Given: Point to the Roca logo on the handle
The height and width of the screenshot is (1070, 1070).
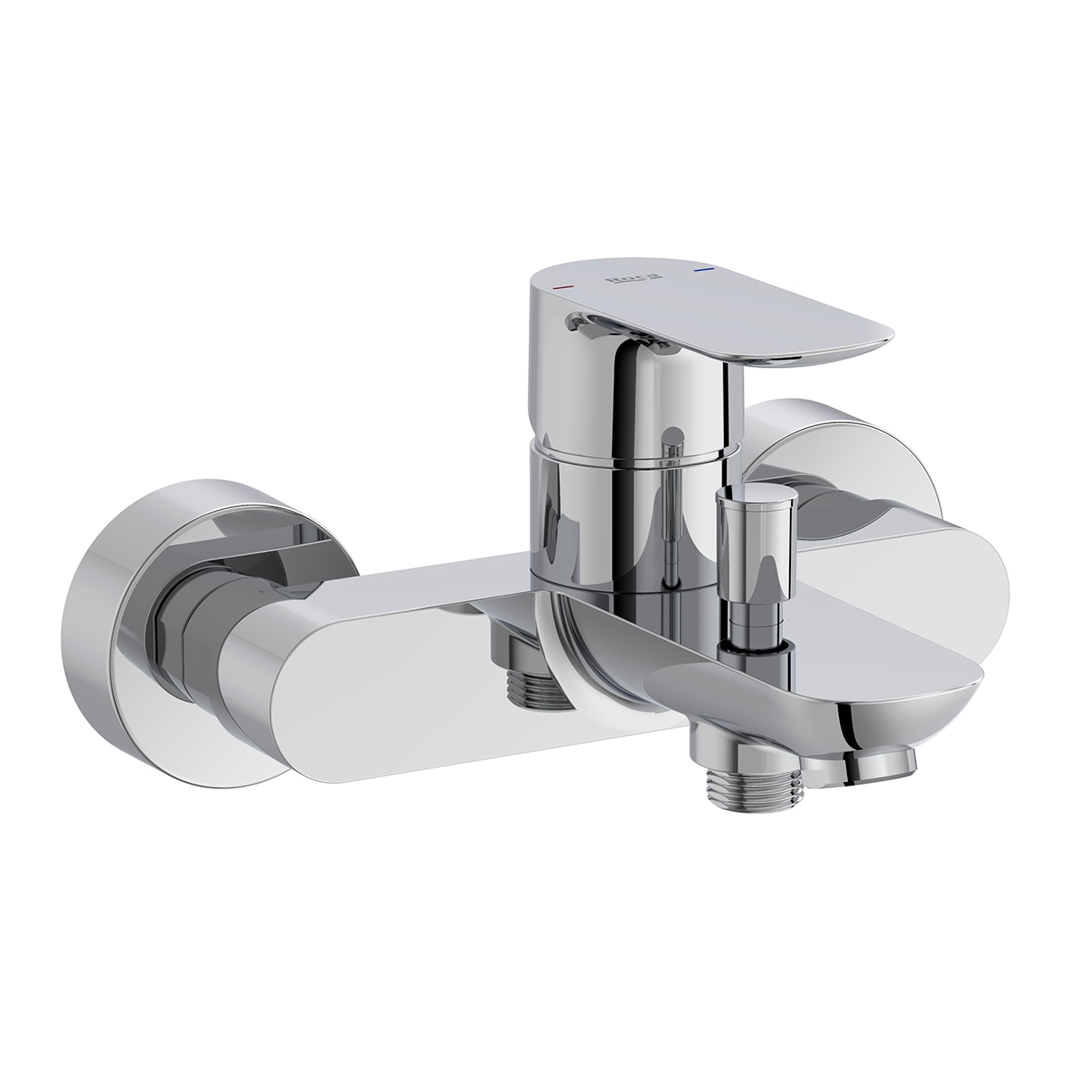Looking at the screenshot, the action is point(631,279).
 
